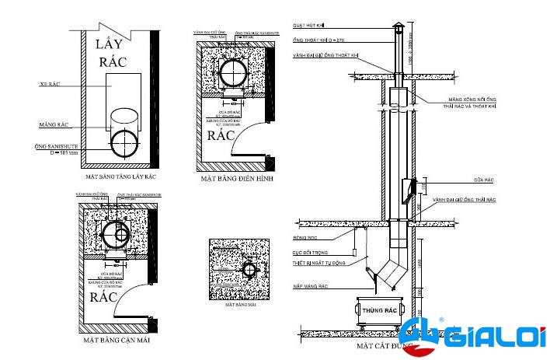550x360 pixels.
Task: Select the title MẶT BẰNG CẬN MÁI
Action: tap(117, 340)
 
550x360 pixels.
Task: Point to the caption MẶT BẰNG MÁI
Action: tap(241, 306)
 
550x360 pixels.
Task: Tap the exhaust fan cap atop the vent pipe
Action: tap(396, 26)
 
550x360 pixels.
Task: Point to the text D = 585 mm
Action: tap(66, 153)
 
